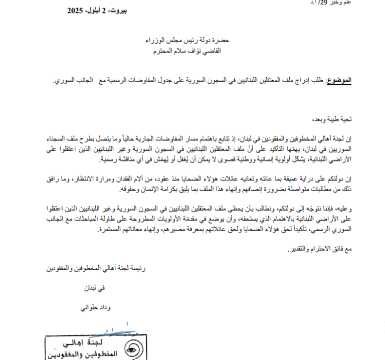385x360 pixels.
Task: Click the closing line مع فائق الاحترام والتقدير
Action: [x=321, y=249]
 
